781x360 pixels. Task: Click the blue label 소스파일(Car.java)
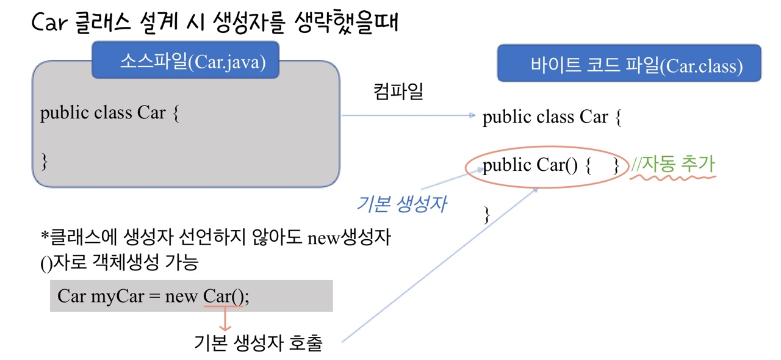pyautogui.click(x=185, y=60)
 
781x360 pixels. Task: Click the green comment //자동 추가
pyautogui.click(x=673, y=164)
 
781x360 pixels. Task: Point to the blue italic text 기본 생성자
pyautogui.click(x=401, y=204)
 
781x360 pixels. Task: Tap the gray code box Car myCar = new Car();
pyautogui.click(x=191, y=297)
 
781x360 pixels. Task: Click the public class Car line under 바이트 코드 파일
pyautogui.click(x=552, y=117)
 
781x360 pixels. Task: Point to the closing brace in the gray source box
pyautogui.click(x=44, y=161)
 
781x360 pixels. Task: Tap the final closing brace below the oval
pyautogui.click(x=486, y=214)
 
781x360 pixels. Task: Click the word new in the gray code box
pyautogui.click(x=181, y=297)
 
